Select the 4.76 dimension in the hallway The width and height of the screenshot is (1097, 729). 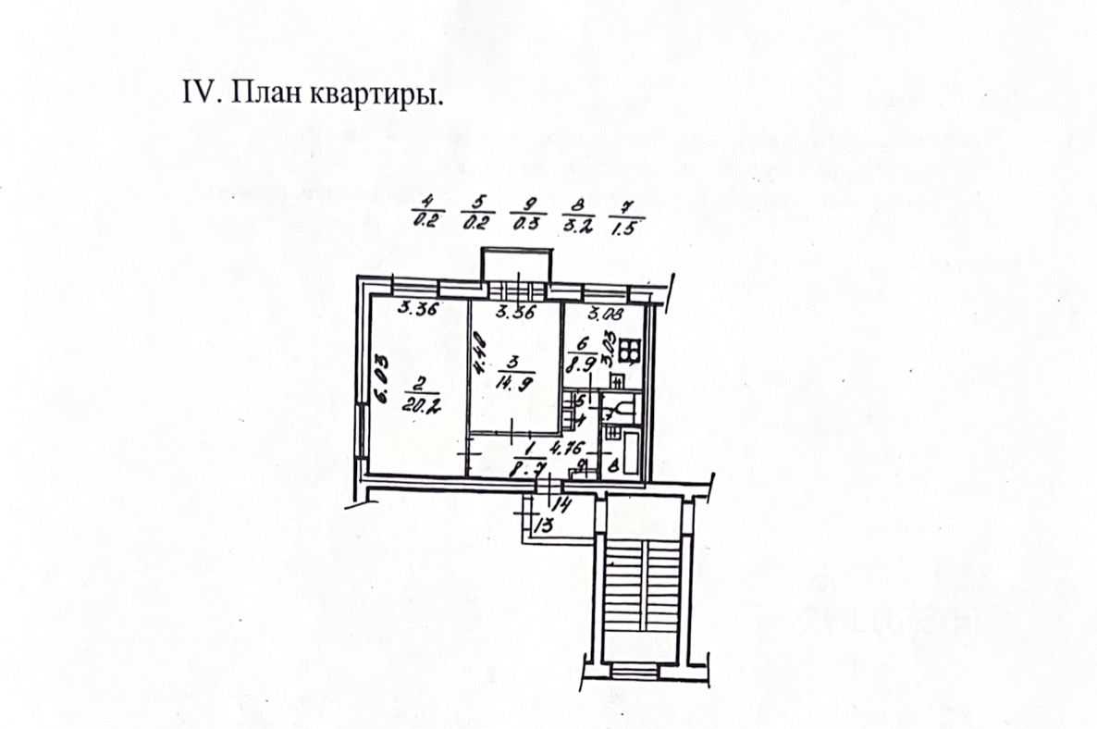(x=563, y=448)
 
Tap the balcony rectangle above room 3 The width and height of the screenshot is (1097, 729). (x=516, y=263)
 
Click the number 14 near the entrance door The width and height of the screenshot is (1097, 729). (x=561, y=504)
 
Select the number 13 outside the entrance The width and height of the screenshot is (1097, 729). (x=544, y=525)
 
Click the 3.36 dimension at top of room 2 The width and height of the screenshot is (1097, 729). (x=417, y=309)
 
